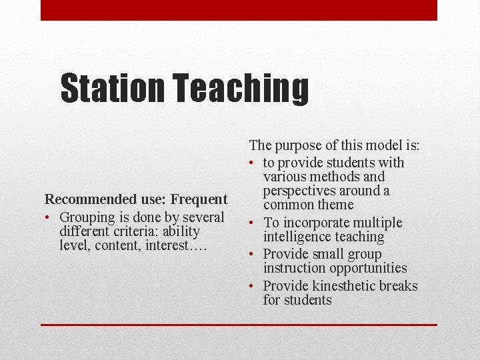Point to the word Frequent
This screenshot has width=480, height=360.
point(199,199)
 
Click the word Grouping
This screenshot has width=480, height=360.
point(87,217)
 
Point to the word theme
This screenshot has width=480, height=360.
point(336,205)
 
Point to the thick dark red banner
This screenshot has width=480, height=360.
point(239,10)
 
